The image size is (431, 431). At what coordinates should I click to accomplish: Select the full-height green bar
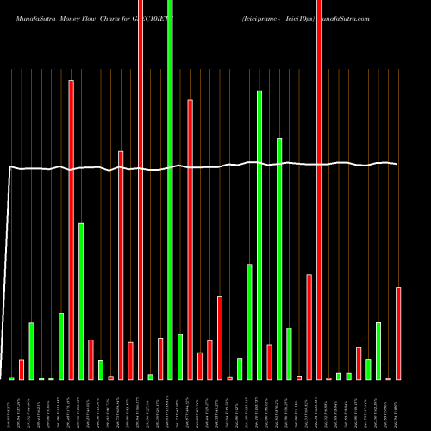(170, 190)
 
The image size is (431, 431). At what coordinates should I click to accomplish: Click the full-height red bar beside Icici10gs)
(318, 190)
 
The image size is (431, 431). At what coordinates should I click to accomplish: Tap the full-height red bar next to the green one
(141, 190)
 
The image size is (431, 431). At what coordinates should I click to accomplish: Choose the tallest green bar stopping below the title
(259, 233)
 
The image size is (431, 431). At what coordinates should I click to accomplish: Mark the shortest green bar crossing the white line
(278, 259)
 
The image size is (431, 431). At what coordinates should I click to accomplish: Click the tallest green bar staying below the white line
(81, 302)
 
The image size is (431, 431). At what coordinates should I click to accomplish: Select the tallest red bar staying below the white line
(308, 327)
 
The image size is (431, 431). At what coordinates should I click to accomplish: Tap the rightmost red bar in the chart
(397, 333)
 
